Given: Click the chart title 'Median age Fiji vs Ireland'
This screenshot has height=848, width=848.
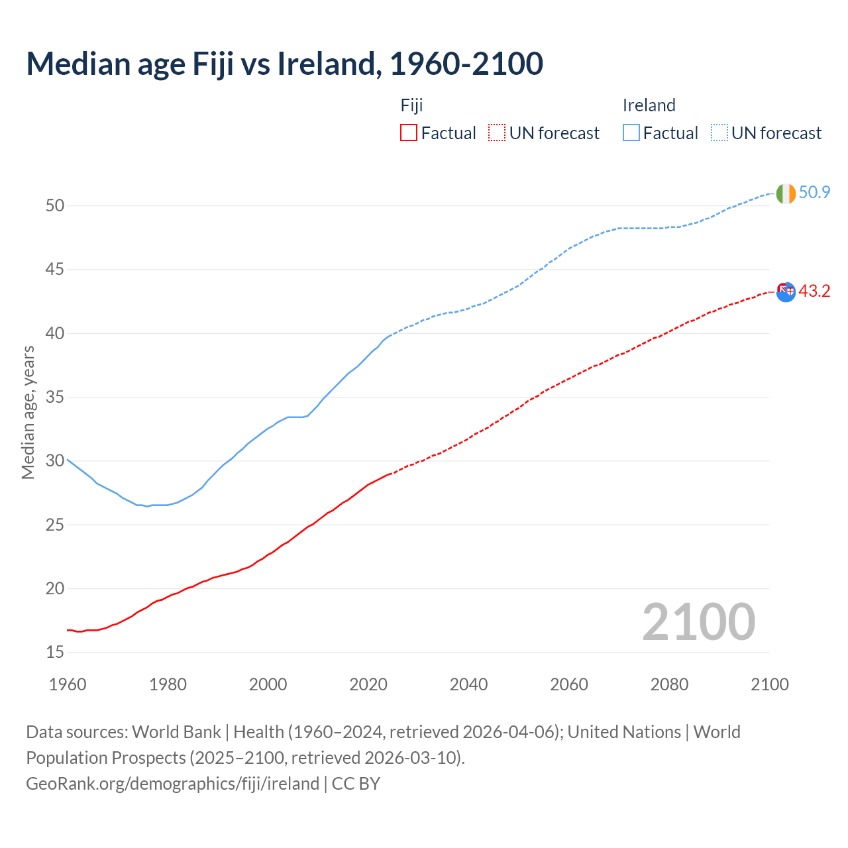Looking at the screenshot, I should click(284, 64).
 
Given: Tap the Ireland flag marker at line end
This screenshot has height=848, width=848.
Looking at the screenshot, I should click(786, 193).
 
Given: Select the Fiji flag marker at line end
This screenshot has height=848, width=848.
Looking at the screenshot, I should click(786, 291).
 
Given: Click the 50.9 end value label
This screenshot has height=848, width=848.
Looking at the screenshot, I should click(814, 193).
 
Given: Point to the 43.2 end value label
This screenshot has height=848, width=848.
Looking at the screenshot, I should click(814, 291).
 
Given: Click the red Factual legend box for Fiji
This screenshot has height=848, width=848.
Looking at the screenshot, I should click(409, 133).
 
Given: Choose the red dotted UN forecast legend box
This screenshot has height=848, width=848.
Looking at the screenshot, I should click(497, 133).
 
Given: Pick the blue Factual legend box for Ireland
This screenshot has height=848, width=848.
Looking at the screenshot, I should click(631, 133).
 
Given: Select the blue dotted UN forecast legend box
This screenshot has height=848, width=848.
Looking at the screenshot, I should click(719, 133).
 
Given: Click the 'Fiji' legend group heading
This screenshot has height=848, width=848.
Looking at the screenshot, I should click(411, 105).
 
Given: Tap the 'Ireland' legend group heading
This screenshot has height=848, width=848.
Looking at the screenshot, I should click(649, 105).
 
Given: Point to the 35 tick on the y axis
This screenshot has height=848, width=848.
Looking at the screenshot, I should click(55, 397).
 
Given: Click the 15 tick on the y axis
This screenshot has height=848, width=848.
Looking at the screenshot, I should click(55, 653).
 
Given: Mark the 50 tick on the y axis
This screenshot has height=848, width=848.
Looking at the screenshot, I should click(55, 206).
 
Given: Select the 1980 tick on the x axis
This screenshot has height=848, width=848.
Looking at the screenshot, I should click(168, 684).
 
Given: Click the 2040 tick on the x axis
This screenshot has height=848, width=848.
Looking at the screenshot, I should click(468, 684).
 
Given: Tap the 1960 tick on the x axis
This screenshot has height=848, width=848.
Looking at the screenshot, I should click(68, 684).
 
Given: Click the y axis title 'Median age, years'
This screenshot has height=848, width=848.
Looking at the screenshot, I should click(28, 412).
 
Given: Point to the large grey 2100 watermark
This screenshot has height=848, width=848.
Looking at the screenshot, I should click(698, 622).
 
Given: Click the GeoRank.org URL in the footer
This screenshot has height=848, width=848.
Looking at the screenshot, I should click(172, 784).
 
